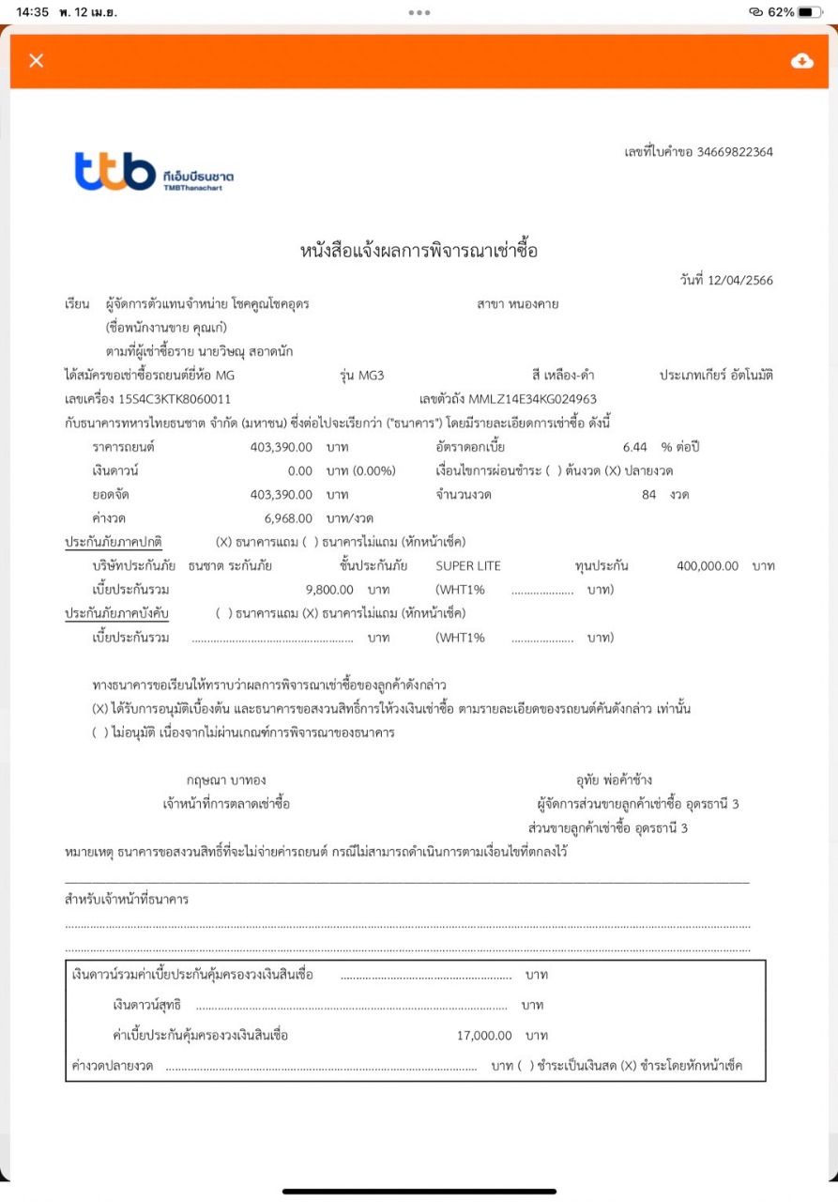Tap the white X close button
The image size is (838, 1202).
point(37,61)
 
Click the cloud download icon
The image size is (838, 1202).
point(801,61)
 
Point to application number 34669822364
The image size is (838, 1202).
point(735,151)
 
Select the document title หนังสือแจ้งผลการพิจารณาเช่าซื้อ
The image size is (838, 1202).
point(419,251)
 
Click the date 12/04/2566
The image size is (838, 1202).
point(742,281)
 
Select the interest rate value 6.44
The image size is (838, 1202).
point(634,446)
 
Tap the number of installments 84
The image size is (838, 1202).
point(648,495)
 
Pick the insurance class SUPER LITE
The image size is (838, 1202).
point(468,566)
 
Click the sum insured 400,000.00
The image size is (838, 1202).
point(707,566)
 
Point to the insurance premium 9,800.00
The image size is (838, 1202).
point(329,590)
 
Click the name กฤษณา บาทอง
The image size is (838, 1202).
point(225,780)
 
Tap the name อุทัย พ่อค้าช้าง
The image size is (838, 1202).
point(614,780)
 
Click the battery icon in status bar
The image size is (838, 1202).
point(810,12)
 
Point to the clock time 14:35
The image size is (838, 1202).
point(32,12)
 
